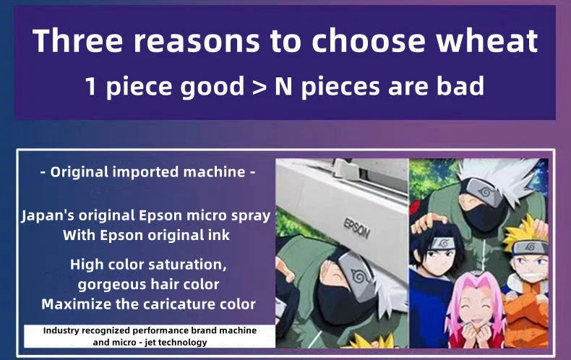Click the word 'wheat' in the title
point(487,40)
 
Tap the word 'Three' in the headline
point(77,40)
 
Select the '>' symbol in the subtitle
point(259,87)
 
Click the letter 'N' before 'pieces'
point(283,86)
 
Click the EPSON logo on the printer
point(357,227)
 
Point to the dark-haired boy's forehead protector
point(442,243)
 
